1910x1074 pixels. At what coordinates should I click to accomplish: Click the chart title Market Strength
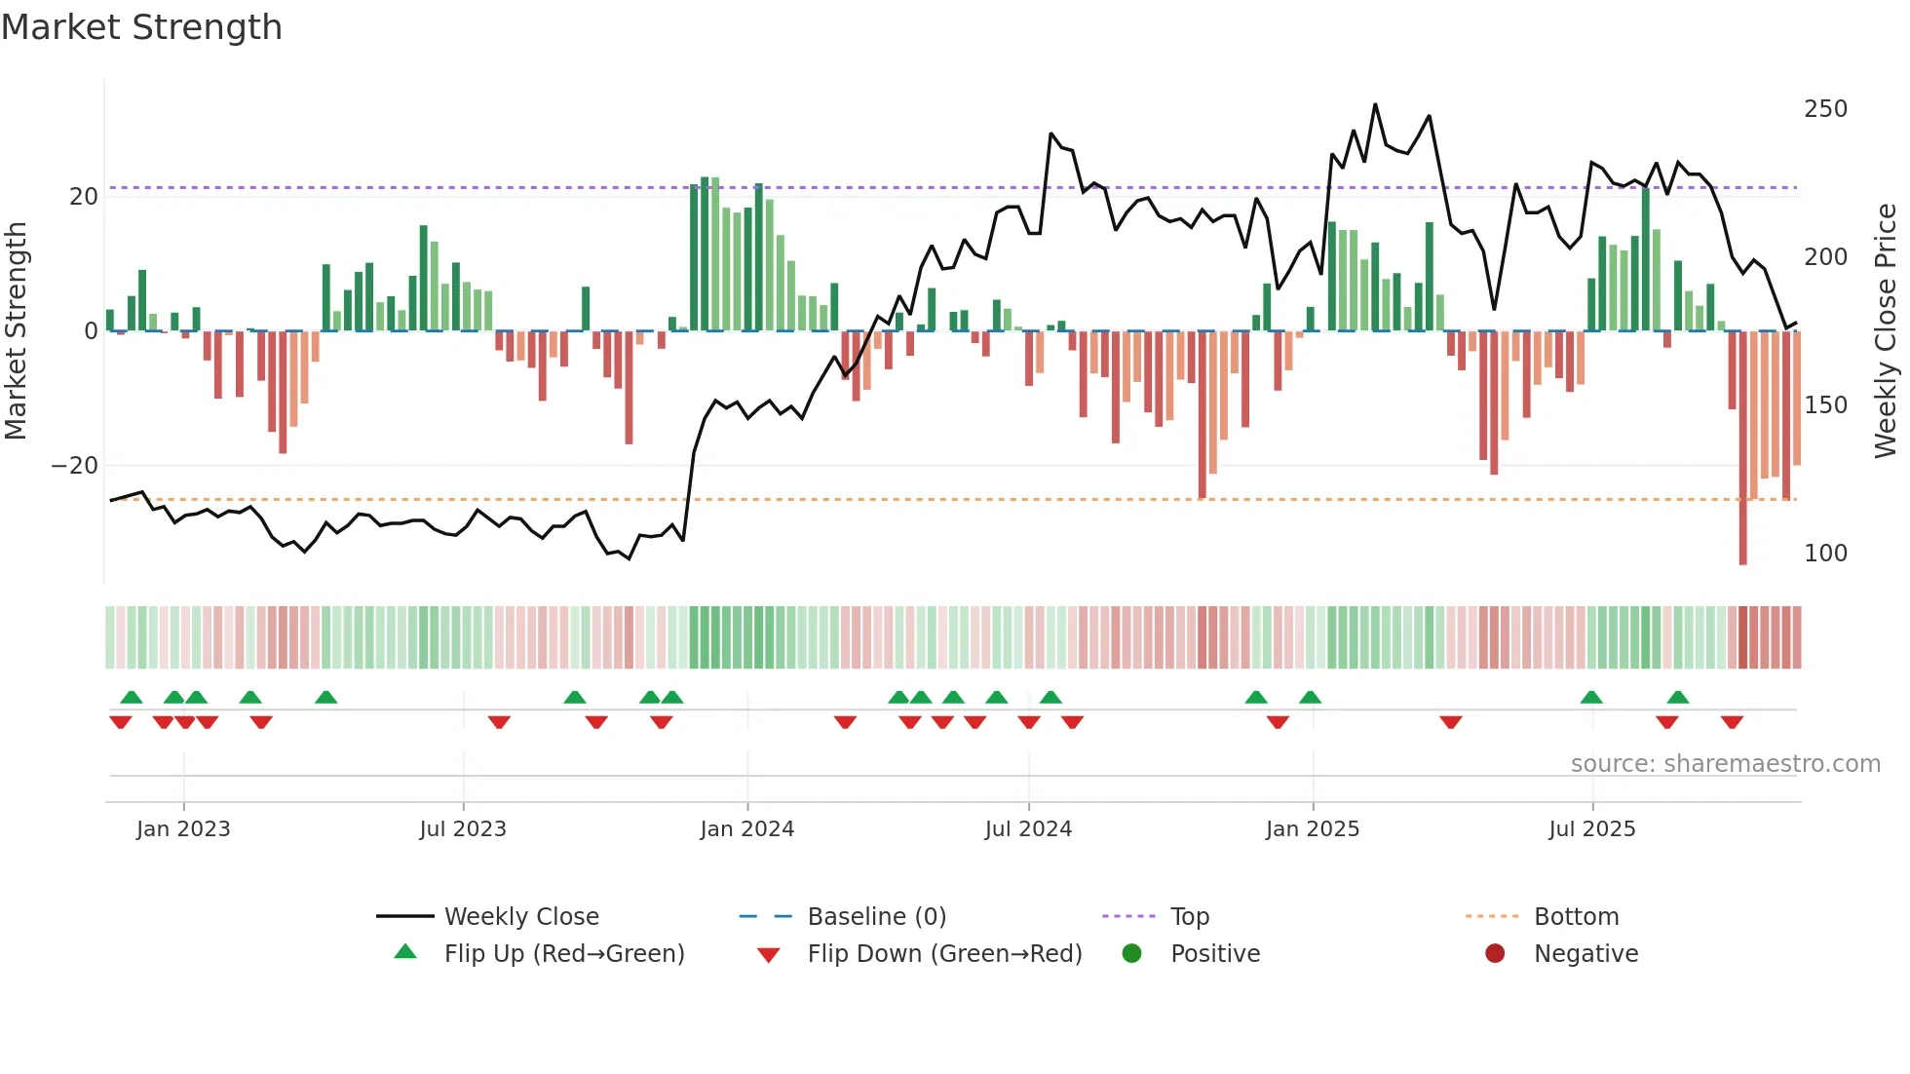point(141,27)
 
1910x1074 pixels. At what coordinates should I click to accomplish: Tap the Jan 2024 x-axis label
point(746,829)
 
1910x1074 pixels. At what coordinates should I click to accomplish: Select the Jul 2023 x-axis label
point(463,829)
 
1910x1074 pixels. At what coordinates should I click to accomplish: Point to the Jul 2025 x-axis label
point(1591,829)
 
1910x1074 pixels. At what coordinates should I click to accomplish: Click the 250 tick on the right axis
point(1825,109)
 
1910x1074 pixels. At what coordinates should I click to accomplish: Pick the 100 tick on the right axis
point(1825,554)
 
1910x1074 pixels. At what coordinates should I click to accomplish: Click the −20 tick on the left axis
point(75,466)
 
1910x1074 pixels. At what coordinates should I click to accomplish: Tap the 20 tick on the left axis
point(84,197)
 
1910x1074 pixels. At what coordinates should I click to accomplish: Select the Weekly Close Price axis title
point(1886,331)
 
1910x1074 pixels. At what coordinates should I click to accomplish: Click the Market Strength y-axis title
point(16,331)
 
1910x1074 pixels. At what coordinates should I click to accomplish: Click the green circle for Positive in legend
point(1131,954)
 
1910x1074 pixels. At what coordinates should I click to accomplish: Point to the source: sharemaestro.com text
point(1725,764)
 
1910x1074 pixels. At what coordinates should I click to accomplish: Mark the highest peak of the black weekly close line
point(1375,104)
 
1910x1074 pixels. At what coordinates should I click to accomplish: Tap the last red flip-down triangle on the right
point(1732,722)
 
